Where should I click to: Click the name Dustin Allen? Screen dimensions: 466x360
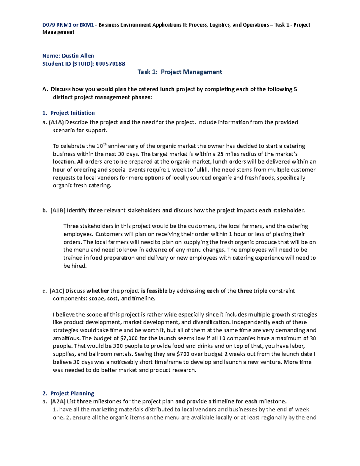[x=78, y=56]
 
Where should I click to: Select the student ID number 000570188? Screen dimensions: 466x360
[x=110, y=64]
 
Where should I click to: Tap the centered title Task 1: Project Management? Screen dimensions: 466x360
[x=180, y=72]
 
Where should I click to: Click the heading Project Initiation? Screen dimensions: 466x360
[x=72, y=113]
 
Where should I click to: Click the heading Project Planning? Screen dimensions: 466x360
[x=72, y=393]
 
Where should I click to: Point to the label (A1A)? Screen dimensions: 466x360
[x=56, y=122]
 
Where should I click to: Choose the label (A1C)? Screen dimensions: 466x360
[x=57, y=291]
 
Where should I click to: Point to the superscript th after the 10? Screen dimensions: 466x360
[x=105, y=144]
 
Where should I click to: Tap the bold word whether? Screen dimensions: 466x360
[x=98, y=291]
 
